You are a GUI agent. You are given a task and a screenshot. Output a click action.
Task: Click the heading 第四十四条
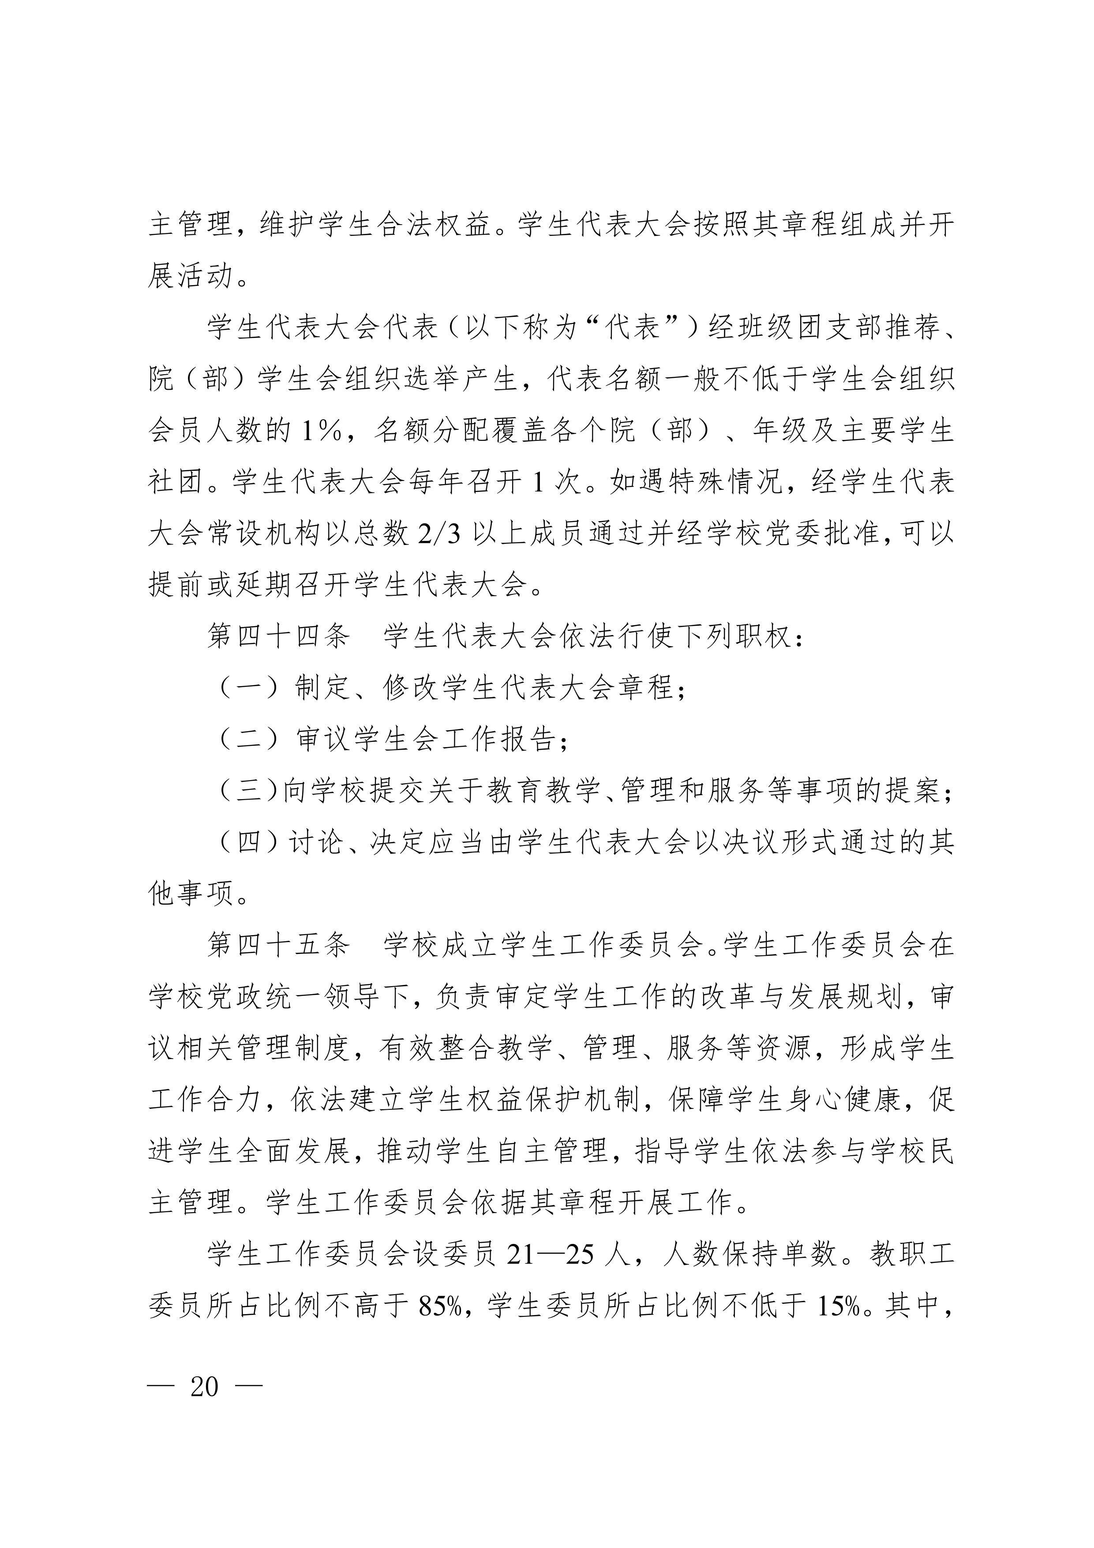point(278,636)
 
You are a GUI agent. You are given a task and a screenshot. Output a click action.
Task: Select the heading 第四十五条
point(278,945)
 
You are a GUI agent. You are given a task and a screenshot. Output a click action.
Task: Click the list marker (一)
point(249,688)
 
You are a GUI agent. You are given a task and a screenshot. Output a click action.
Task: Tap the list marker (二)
point(249,739)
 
